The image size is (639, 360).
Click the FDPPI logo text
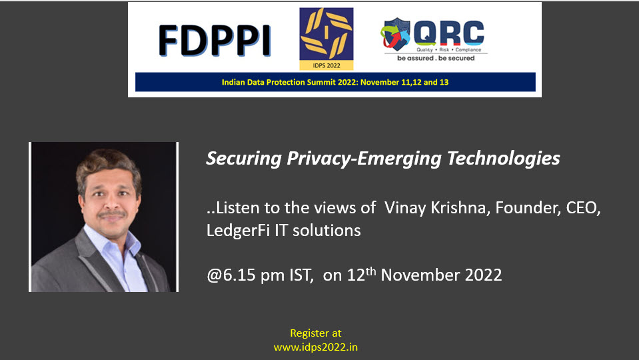pos(215,40)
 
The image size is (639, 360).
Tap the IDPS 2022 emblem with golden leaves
pos(326,34)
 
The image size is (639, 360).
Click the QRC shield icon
pos(395,34)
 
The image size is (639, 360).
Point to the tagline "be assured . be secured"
pos(436,58)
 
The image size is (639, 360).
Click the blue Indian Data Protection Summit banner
pos(335,82)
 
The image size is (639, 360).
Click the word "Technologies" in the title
pos(503,159)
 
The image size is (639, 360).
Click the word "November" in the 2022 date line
pos(420,275)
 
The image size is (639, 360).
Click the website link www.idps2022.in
pos(315,347)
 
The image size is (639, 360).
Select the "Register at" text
pos(315,333)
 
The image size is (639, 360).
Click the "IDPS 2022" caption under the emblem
pos(326,65)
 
